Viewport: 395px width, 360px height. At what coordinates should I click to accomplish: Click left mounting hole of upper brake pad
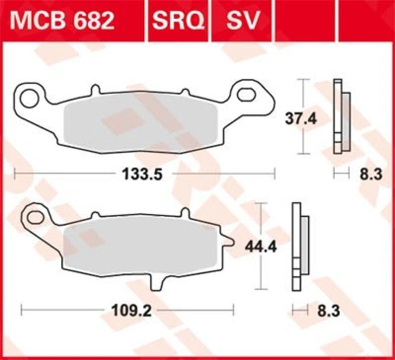point(32,94)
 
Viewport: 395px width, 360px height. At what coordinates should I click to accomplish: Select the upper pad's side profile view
point(342,116)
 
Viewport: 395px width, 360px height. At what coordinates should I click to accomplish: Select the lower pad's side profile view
point(300,247)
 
